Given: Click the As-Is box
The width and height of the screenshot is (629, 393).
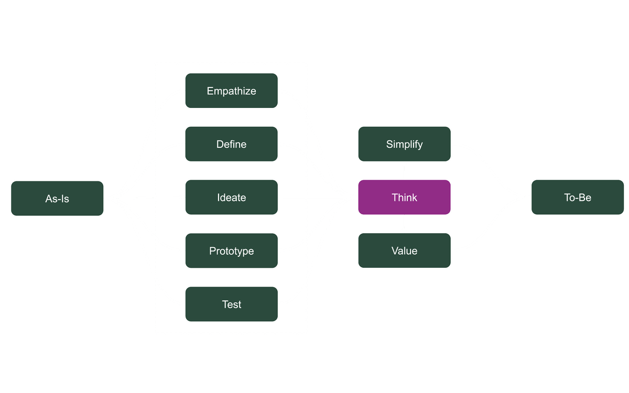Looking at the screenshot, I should pos(57,199).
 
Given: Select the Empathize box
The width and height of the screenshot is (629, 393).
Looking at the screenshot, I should pos(231,91).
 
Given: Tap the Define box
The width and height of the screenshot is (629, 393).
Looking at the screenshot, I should pos(231,144).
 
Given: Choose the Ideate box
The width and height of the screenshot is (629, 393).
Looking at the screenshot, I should pos(231,198).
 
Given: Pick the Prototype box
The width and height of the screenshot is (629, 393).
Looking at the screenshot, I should pos(231,251).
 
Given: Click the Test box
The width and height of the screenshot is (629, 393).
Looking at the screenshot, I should pos(231,304).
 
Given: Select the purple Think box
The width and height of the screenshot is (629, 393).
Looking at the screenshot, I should pos(404,198).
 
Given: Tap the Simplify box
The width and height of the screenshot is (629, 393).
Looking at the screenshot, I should pos(404,144).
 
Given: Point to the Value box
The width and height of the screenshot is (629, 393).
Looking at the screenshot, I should pos(404,251).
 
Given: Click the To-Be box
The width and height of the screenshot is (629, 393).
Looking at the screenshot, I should pos(578,198).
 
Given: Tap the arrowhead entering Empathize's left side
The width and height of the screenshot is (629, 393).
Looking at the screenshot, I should pos(182,91).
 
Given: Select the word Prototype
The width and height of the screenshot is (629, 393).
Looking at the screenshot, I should pos(231,251).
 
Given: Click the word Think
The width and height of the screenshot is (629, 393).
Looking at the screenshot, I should pos(404,198).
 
